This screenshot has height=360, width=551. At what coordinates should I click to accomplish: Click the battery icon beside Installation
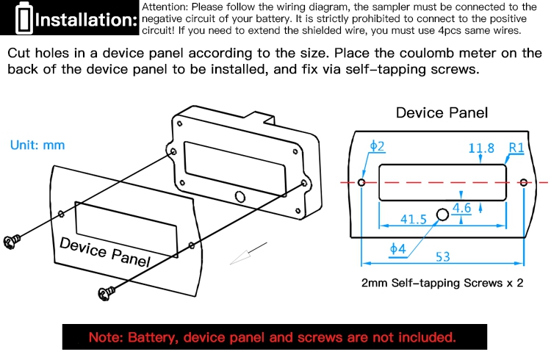(24, 18)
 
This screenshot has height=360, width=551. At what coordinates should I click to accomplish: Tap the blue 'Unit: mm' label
(37, 145)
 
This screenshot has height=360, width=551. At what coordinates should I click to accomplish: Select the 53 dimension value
(442, 256)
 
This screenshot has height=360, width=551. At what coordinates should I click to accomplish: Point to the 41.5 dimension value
(413, 220)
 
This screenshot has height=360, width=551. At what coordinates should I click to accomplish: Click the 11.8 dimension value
(481, 148)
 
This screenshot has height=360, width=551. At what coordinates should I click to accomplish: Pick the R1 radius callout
(516, 148)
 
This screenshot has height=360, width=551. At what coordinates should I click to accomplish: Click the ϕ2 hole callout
(378, 146)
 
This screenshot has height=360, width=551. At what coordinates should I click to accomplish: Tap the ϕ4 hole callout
(397, 249)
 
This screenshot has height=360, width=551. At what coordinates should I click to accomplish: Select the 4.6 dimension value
(461, 208)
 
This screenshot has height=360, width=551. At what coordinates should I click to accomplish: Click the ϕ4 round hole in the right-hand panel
(442, 214)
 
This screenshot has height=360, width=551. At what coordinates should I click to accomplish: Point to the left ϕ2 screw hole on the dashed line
(361, 182)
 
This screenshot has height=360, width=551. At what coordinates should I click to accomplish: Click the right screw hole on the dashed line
(524, 182)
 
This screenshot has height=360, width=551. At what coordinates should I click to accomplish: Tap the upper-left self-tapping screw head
(11, 242)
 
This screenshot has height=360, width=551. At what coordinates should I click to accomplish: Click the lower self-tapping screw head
(106, 293)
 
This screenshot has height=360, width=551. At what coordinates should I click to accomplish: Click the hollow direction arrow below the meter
(248, 253)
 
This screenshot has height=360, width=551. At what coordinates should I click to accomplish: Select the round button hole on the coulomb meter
(240, 196)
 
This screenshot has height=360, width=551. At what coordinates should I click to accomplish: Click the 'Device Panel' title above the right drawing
(442, 113)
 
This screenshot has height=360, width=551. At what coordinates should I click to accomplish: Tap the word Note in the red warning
(105, 336)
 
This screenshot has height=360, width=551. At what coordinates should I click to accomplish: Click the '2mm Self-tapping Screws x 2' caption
(442, 283)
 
